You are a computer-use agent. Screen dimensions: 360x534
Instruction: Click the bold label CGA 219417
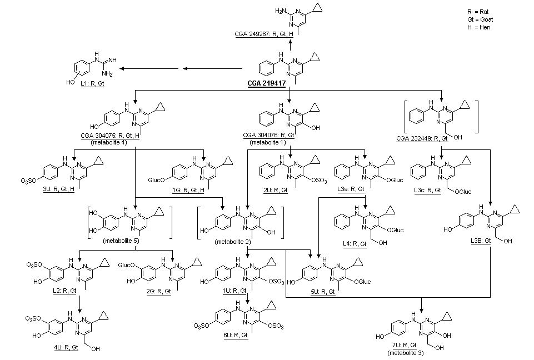(266, 83)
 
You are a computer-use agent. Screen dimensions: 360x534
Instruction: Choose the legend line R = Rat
(479, 12)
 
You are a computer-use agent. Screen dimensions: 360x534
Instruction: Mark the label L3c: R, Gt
(427, 191)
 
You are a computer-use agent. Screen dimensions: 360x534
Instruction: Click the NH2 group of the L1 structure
(107, 73)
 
